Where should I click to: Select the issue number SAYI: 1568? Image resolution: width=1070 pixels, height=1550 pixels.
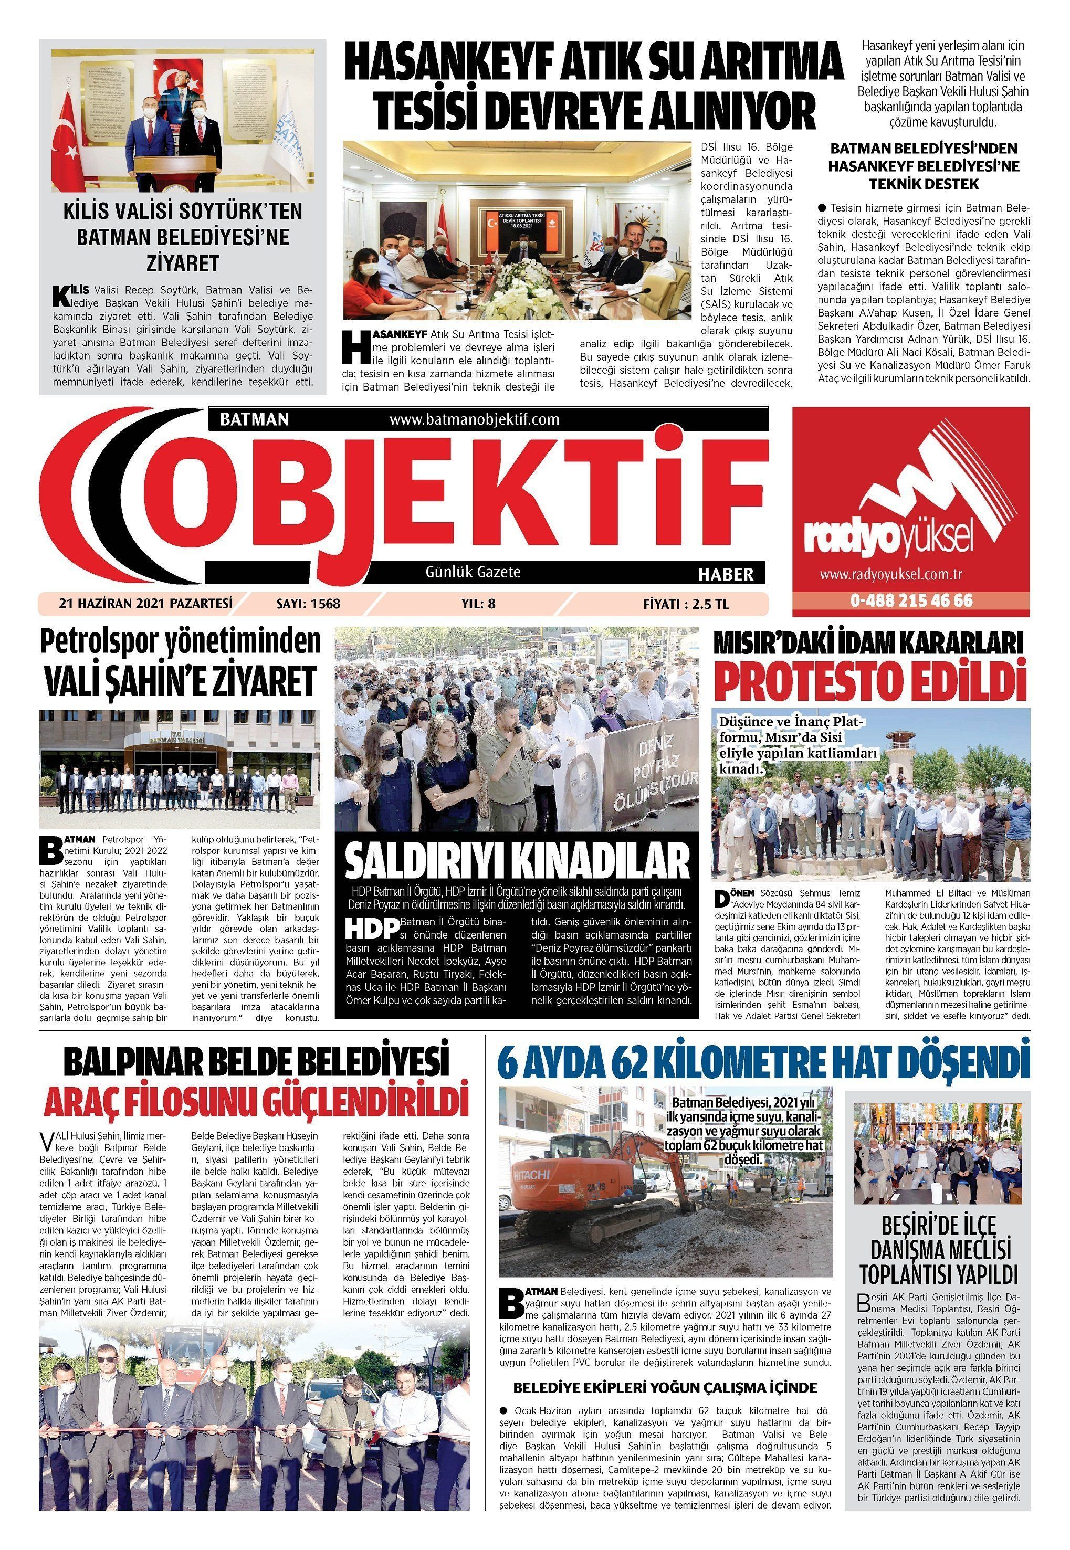(308, 604)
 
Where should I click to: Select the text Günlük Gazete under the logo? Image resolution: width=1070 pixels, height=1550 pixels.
(473, 572)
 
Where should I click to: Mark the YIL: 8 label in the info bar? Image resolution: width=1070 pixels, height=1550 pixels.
(479, 604)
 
